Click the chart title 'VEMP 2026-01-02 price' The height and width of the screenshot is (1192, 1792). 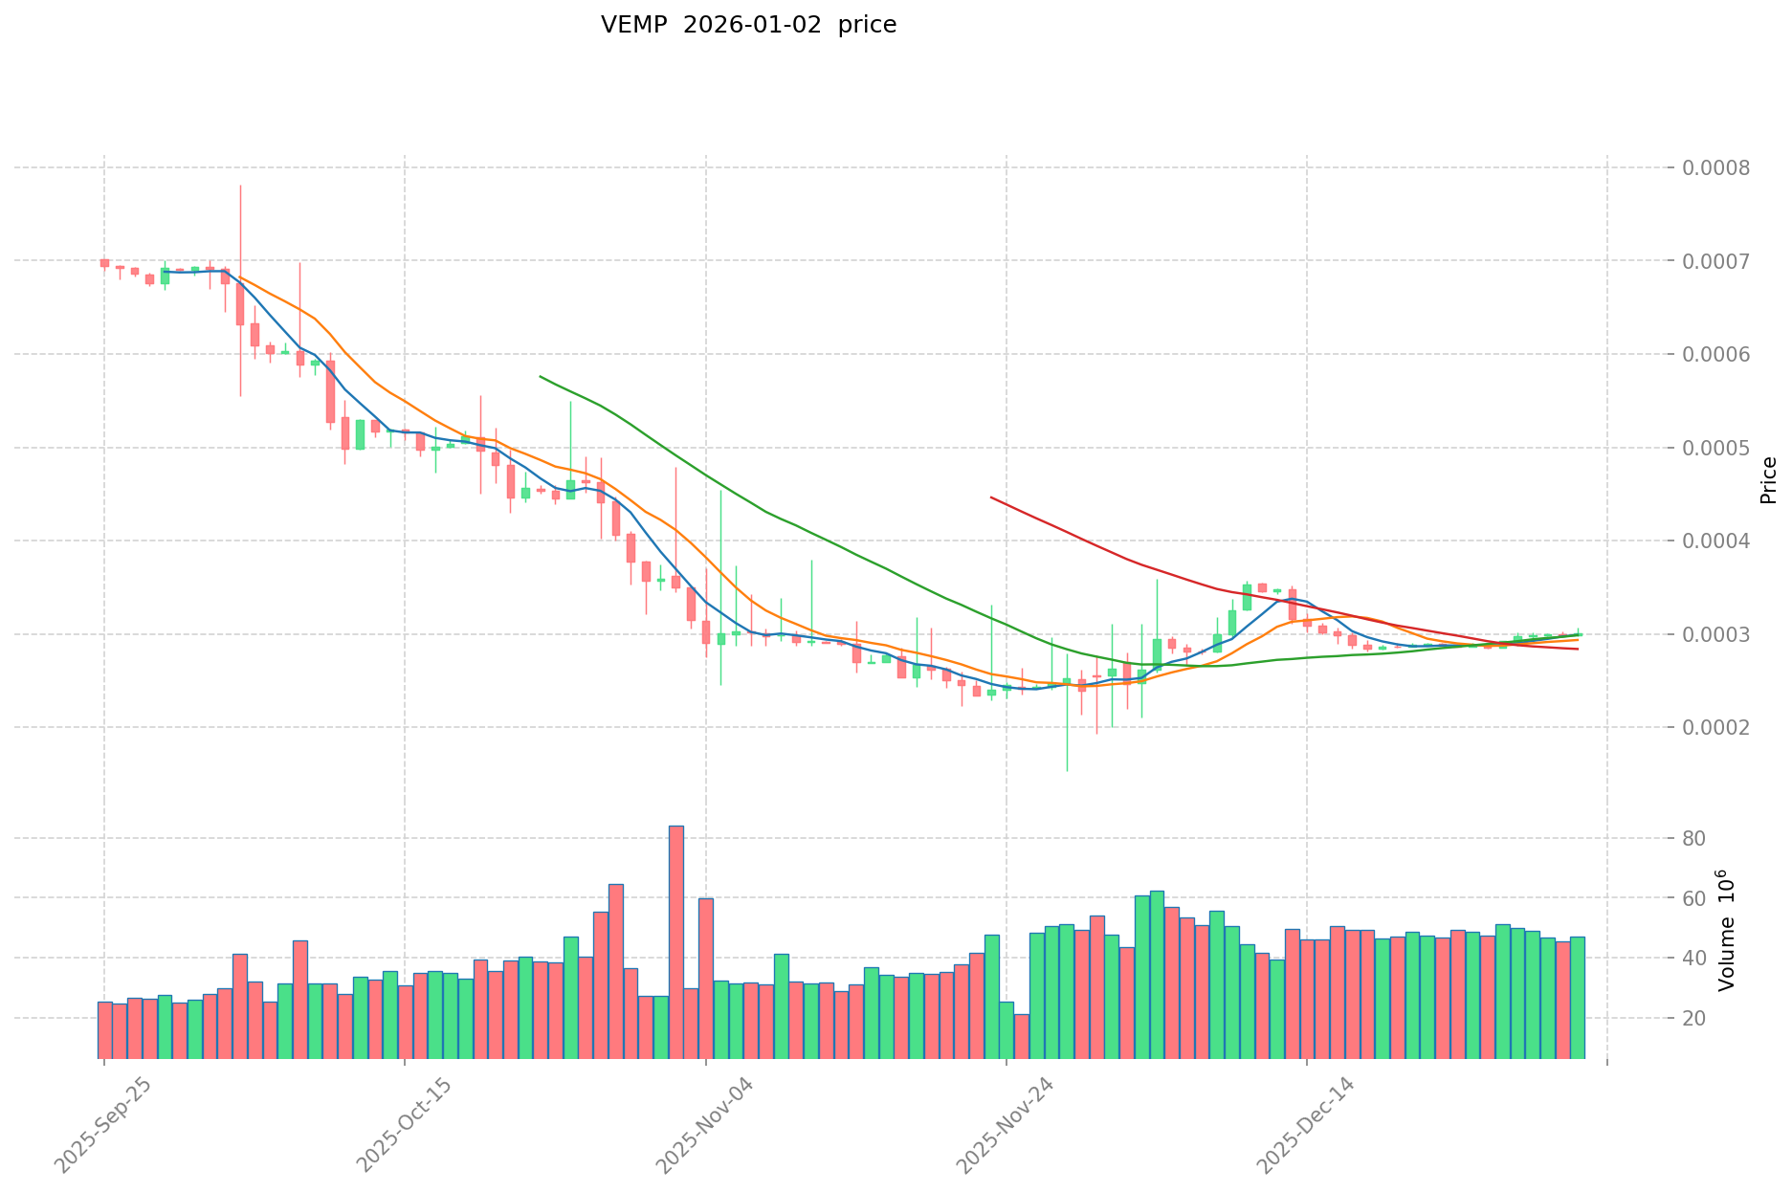coord(748,26)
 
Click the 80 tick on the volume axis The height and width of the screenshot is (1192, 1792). coord(1694,839)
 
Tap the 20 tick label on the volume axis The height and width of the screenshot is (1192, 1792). coord(1694,1019)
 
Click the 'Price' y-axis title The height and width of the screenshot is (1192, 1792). coord(1768,480)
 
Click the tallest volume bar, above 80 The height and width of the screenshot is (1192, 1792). coord(675,942)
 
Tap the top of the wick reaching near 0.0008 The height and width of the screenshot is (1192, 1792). coord(240,187)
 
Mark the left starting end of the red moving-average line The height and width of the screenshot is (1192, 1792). coord(991,497)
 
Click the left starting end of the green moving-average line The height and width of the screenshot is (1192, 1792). coord(541,376)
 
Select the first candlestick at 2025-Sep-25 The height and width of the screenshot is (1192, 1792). coord(104,263)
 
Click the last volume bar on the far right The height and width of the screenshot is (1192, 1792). coord(1577,997)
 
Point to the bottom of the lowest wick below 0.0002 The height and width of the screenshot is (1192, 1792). coord(1067,770)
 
